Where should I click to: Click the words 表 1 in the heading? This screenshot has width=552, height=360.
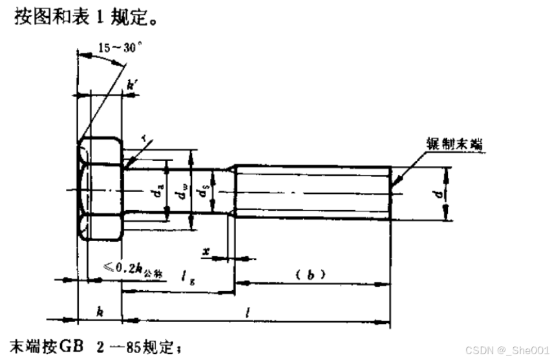coord(85,15)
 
